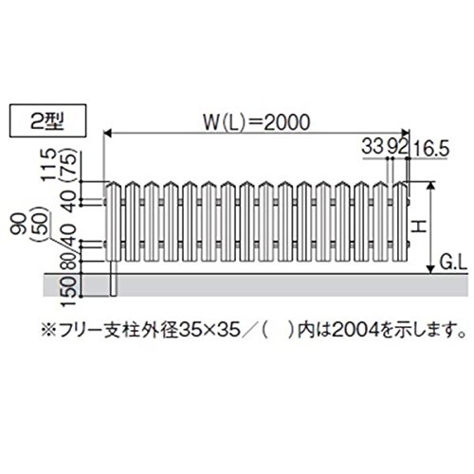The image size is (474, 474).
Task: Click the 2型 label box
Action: (x=47, y=121)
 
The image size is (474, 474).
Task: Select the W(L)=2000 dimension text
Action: (x=256, y=122)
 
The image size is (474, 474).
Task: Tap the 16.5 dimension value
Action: (x=431, y=149)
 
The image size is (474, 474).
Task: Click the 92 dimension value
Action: (x=397, y=147)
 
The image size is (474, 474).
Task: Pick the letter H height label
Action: (x=420, y=227)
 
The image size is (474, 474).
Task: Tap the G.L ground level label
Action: (x=452, y=263)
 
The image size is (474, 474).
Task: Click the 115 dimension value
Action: (x=50, y=165)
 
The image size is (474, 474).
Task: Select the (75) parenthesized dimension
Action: (x=69, y=165)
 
